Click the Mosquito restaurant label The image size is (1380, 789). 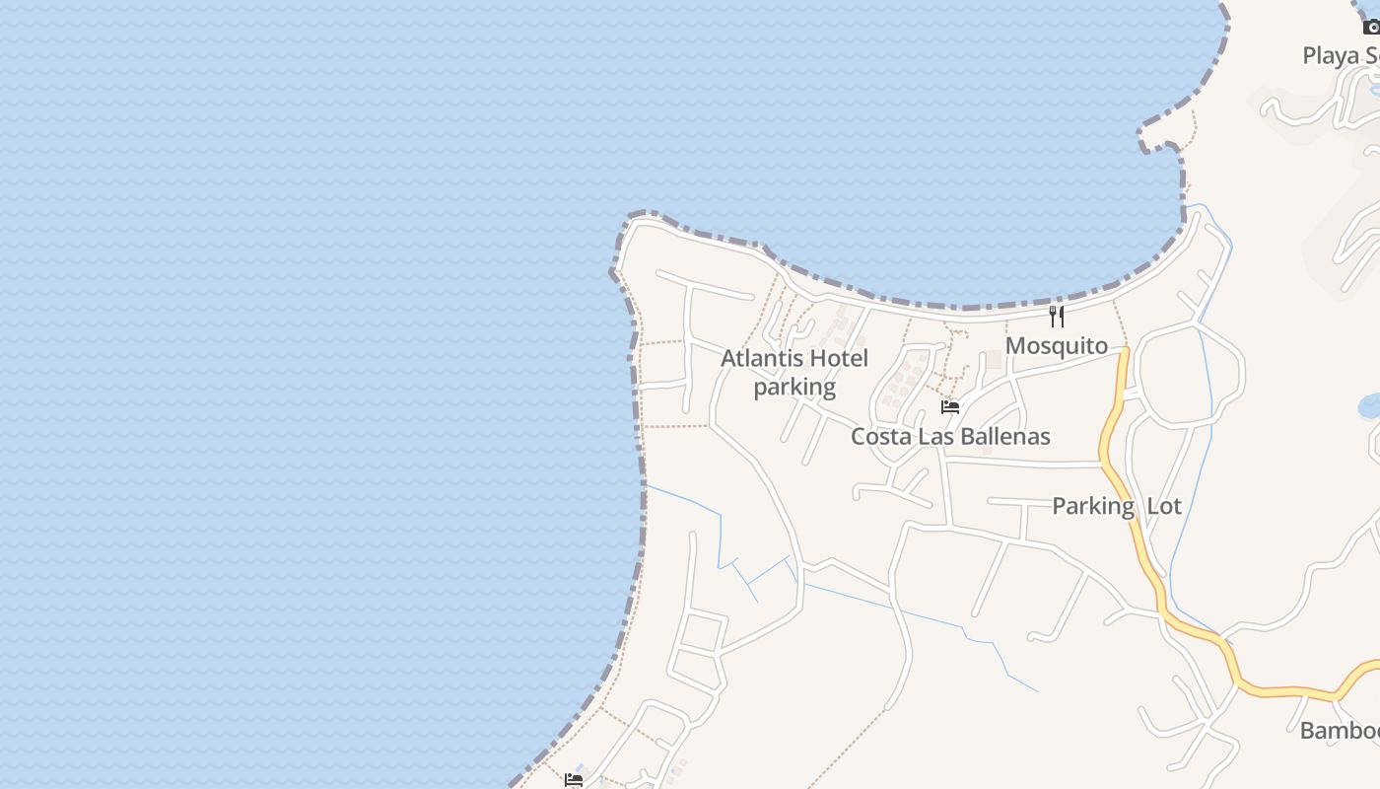coord(1057,346)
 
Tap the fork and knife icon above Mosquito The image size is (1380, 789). coord(1057,316)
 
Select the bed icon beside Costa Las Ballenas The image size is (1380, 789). coord(950,406)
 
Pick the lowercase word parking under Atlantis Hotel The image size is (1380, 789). coord(794,387)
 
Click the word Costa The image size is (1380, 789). coord(881,436)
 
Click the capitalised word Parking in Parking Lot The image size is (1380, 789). coord(1093,506)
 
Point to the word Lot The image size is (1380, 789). coord(1164,506)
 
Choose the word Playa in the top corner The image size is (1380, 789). coord(1331,55)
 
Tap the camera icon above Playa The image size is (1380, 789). coord(1371,27)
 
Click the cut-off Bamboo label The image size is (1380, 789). coord(1339,731)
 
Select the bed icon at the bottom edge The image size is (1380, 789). coord(574,779)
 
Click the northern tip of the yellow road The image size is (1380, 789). coord(1124,352)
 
